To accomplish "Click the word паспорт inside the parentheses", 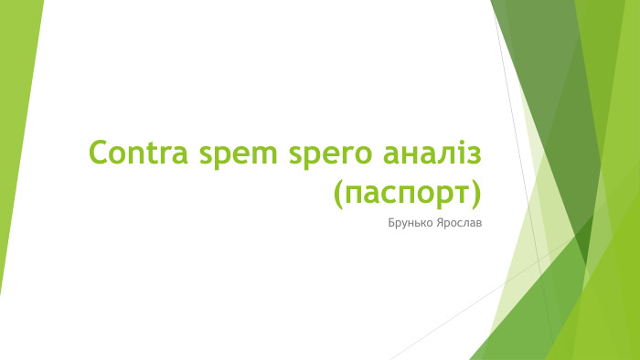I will coord(407,193).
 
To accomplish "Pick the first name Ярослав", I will coord(458,221).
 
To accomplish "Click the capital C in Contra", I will coord(97,153).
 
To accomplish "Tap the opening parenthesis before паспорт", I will coord(341,193).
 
